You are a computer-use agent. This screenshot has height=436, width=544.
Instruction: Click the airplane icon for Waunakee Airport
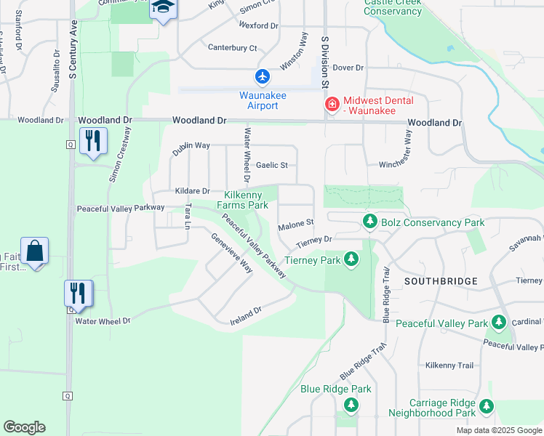[x=262, y=76]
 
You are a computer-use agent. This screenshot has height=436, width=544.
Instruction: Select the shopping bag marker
[x=34, y=251]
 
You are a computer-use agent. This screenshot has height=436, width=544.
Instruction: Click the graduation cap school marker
[x=163, y=8]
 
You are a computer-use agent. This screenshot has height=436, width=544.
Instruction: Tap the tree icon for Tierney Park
[x=351, y=259]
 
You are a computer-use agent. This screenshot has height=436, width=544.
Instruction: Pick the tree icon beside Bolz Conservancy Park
[x=369, y=222]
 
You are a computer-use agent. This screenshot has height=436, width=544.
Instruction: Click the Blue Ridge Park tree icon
[x=351, y=404]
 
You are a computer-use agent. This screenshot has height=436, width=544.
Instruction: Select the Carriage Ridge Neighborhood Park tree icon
[x=486, y=407]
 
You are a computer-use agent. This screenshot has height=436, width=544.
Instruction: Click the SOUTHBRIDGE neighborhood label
[x=441, y=280]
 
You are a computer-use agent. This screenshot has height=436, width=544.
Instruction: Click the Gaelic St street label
[x=271, y=166]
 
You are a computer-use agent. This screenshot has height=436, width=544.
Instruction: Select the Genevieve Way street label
[x=231, y=252]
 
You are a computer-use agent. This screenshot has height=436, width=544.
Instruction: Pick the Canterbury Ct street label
[x=233, y=48]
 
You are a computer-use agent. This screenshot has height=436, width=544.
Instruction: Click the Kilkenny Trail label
[x=449, y=366]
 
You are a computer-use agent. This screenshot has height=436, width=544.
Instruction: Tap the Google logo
[x=24, y=427]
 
